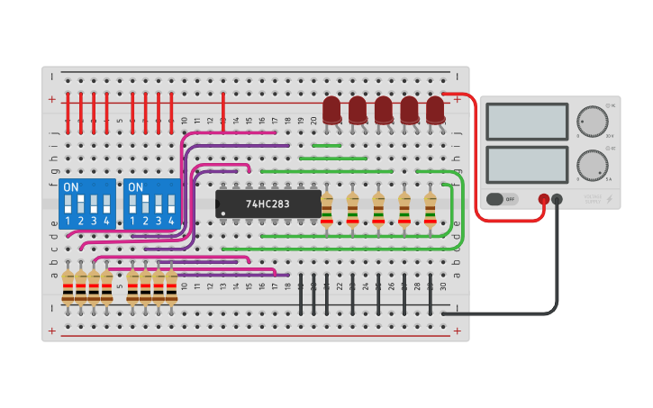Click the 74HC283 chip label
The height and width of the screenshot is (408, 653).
[268, 204]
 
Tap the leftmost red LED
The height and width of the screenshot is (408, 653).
[332, 111]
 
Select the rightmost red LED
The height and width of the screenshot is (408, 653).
[436, 111]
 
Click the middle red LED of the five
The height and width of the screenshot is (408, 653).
[384, 111]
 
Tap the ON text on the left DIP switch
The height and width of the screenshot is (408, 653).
[70, 187]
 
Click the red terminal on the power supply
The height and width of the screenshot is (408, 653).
[544, 199]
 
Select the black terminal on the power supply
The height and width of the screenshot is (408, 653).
[558, 199]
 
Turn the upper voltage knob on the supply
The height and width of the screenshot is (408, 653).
[592, 120]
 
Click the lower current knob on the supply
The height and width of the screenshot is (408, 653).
[592, 165]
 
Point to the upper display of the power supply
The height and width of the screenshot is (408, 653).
[527, 121]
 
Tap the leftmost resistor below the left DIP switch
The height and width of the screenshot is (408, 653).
[68, 286]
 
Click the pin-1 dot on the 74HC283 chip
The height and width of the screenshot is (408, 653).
[223, 213]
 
